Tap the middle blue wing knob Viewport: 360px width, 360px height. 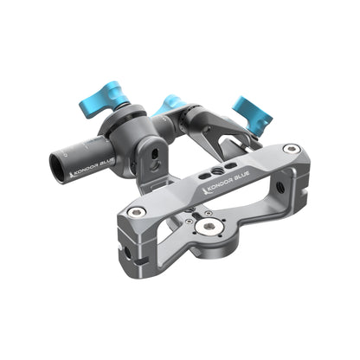point(170,106)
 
